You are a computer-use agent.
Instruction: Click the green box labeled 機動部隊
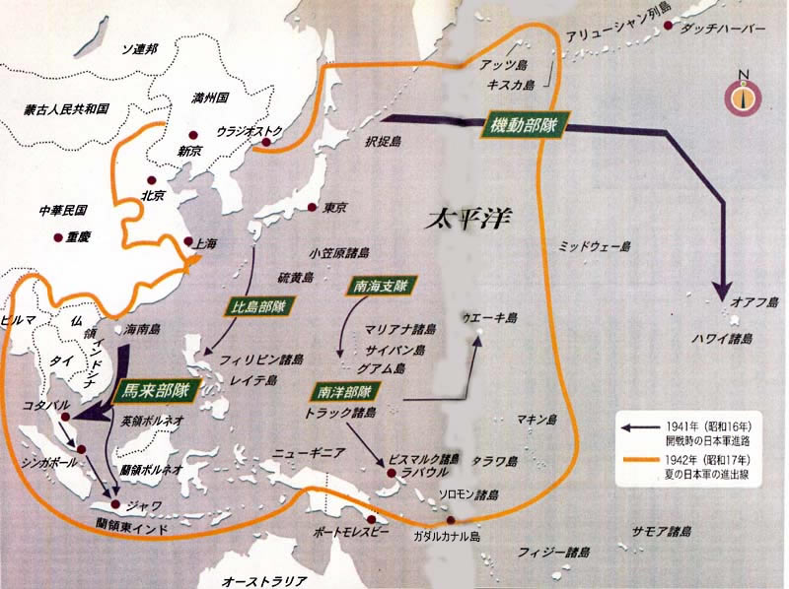point(523,126)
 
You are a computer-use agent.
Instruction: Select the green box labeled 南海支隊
point(379,287)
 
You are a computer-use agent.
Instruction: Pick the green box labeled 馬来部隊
point(153,391)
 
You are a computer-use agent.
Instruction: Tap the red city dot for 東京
point(312,208)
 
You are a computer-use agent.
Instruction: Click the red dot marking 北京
point(150,180)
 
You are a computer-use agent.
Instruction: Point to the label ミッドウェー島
point(594,244)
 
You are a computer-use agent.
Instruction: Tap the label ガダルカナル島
point(447,537)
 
